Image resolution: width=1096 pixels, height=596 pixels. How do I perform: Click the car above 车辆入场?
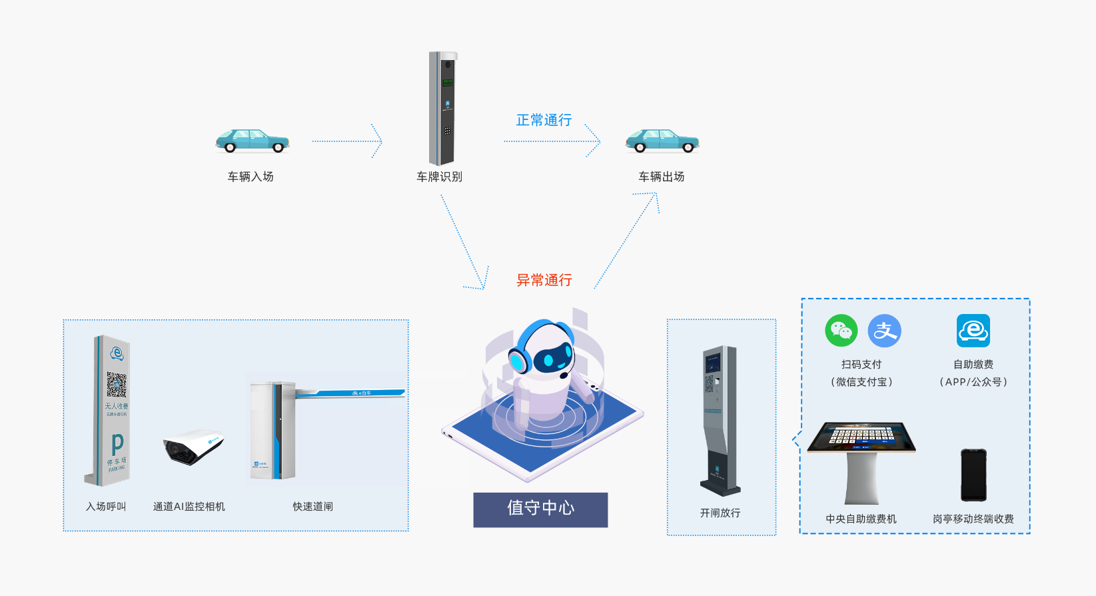252,141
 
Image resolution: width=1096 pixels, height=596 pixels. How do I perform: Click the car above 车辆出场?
662,141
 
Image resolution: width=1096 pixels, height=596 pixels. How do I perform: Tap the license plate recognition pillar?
442,108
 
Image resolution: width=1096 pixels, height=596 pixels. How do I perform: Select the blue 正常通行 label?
544,120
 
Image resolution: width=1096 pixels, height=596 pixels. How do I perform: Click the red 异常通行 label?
544,280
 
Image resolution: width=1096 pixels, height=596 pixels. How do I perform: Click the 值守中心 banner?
540,509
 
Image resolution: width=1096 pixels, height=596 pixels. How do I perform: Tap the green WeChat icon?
841,331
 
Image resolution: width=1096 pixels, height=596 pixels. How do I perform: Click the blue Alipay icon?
885,331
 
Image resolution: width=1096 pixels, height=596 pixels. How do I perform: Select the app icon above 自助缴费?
973,331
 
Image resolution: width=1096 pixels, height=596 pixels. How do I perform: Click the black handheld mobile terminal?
973,475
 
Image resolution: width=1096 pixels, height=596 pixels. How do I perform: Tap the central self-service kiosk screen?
861,437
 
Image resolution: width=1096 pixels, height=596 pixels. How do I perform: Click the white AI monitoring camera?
193,447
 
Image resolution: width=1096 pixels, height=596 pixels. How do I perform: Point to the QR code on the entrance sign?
117,385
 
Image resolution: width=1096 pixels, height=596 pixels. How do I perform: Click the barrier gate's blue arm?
350,393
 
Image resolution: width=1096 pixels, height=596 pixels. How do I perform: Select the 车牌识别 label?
439,177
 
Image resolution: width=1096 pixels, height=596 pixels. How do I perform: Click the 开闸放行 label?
720,513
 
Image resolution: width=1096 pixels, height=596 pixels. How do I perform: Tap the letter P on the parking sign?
117,443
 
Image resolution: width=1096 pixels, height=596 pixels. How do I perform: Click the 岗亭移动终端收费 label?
973,519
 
